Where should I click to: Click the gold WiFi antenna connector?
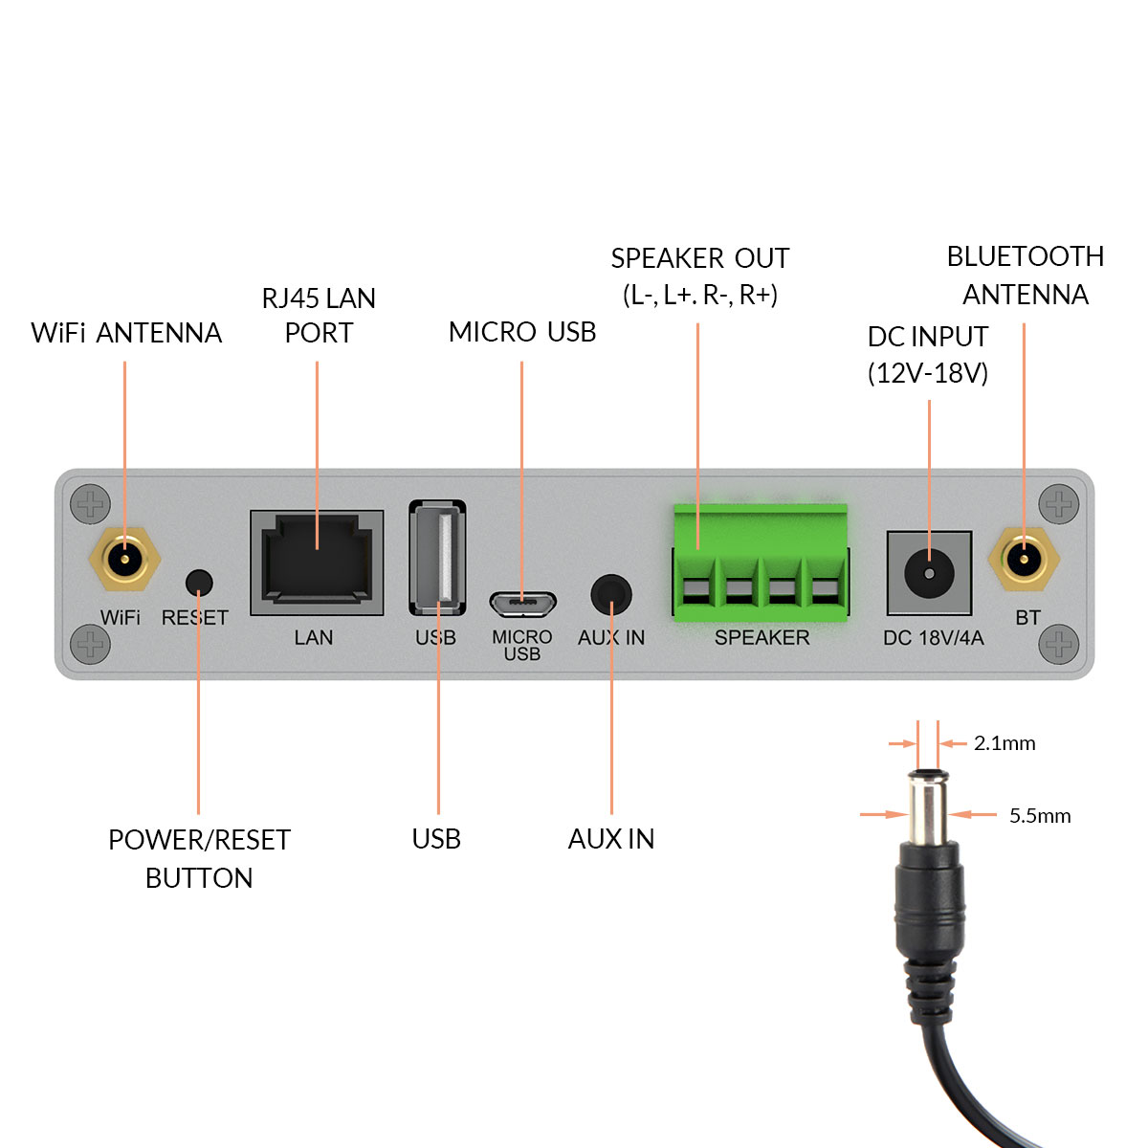tap(124, 559)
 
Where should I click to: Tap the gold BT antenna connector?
tap(1024, 559)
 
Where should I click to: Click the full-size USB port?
tap(437, 557)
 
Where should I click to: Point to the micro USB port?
tap(522, 605)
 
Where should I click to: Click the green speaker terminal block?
tap(761, 563)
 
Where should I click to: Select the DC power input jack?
tap(929, 573)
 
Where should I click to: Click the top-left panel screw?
tap(91, 503)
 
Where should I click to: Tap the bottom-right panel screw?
tap(1059, 644)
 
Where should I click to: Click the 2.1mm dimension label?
tap(1004, 743)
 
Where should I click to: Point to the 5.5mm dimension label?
tap(1040, 816)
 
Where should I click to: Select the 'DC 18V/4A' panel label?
tap(933, 638)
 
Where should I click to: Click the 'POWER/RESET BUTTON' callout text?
tap(199, 858)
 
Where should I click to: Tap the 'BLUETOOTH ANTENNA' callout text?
tap(1025, 276)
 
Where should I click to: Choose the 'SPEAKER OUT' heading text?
tap(699, 259)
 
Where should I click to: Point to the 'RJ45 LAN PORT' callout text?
tap(319, 316)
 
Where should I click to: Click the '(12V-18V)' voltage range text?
tap(927, 373)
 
